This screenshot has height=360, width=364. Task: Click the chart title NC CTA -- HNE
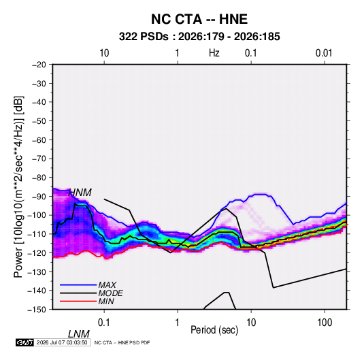tap(199, 19)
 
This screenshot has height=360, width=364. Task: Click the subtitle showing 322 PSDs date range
tap(199, 37)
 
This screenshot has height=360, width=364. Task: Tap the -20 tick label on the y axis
tap(39, 65)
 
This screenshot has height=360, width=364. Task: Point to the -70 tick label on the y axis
tap(39, 159)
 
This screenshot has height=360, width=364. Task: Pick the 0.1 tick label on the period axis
tap(104, 323)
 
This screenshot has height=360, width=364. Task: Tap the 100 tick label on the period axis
tap(325, 323)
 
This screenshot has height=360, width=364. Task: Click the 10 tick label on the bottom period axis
tap(251, 323)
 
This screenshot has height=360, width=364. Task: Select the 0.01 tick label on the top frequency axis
tap(324, 53)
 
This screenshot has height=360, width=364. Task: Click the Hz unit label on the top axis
tap(214, 53)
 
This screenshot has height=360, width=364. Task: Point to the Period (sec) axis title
tap(214, 330)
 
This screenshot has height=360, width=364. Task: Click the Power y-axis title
tap(18, 186)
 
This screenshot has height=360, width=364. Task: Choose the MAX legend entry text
tap(107, 285)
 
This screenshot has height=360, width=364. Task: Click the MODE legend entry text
tap(110, 293)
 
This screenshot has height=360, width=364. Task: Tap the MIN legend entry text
tap(106, 301)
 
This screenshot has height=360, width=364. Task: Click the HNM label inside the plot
tap(80, 193)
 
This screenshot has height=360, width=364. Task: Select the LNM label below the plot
tap(79, 334)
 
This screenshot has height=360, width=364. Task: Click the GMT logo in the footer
tap(24, 342)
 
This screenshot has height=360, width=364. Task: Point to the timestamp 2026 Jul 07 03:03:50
tap(62, 342)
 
